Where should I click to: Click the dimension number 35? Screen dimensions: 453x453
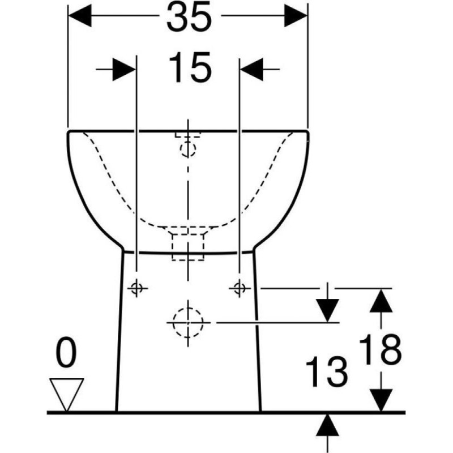coord(189,17)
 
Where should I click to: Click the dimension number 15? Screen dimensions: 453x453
coord(190,67)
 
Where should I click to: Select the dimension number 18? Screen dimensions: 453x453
coord(380,349)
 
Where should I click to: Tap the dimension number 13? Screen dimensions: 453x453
coord(327,371)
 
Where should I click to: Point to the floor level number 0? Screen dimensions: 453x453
coord(66,352)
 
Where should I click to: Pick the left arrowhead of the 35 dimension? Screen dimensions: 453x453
coord(80,16)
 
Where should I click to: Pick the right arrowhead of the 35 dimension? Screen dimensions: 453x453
coord(296,16)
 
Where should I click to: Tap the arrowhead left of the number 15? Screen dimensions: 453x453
coord(124,69)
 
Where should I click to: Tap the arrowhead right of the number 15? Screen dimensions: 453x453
coord(251,69)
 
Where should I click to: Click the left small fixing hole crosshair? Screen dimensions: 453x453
coord(136,288)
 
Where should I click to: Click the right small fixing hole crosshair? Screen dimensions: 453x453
coord(239,288)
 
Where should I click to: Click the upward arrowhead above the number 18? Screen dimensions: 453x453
coord(381,301)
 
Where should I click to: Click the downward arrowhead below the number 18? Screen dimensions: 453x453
coord(381,400)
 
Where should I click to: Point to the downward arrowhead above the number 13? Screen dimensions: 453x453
coord(327,310)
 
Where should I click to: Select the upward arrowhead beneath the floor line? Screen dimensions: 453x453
coord(327,425)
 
